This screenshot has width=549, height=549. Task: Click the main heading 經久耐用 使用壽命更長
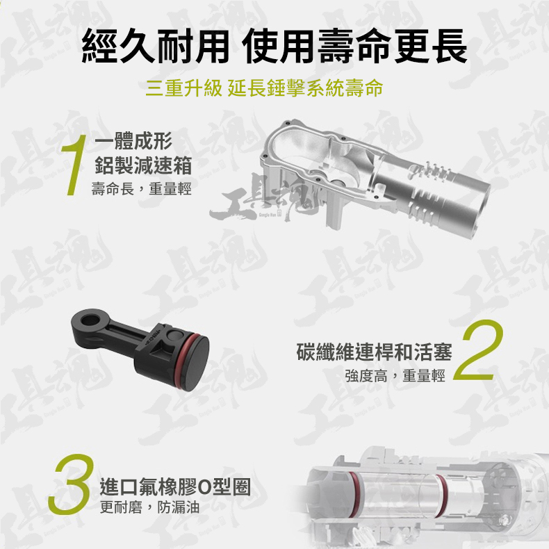coord(274,47)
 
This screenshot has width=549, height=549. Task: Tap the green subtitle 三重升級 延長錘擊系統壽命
coord(264,88)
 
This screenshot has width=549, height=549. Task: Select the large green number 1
coord(74,165)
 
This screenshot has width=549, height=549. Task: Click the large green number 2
coord(478,350)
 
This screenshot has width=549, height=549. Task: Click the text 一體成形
coord(133,141)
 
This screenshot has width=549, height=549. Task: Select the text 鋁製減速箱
coord(143,165)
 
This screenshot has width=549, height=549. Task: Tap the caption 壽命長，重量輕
coord(142,189)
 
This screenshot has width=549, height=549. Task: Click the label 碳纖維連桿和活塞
coord(375,352)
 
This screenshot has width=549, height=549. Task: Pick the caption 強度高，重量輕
coord(395,376)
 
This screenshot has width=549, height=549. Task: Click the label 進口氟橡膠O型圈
coord(175,487)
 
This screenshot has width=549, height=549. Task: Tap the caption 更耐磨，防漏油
coord(149,507)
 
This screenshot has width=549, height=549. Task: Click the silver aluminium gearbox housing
coord(375,173)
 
